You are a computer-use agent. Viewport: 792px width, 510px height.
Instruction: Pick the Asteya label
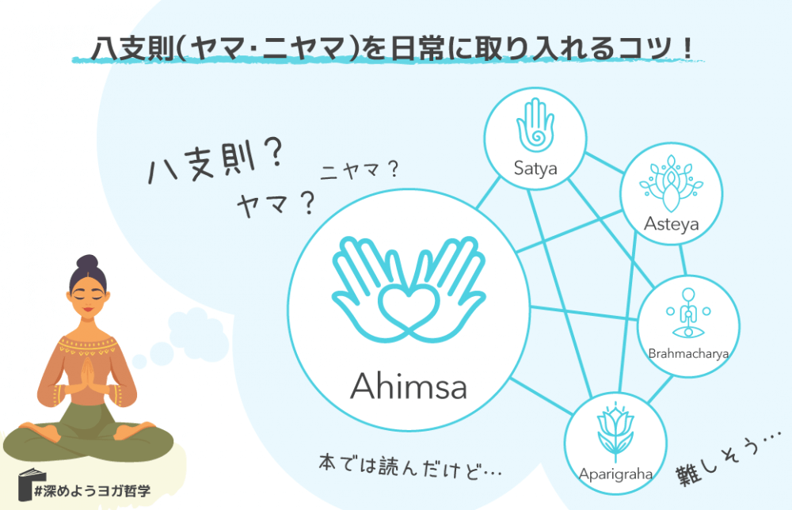[672, 224]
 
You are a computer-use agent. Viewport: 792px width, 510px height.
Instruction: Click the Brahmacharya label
[687, 353]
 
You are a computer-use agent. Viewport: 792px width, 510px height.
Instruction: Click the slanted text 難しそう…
[725, 459]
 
